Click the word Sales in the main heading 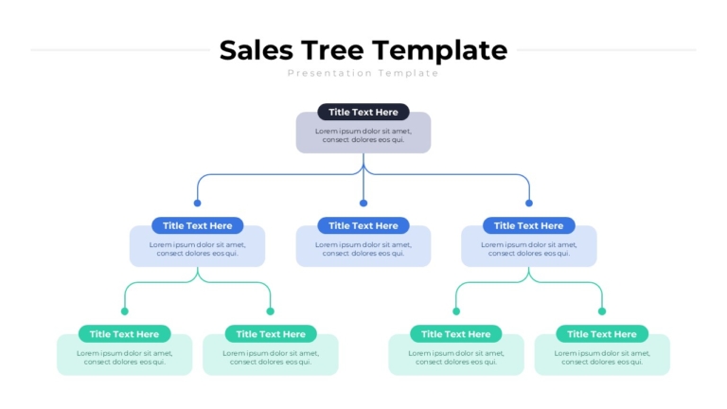tap(256, 50)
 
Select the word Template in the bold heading tap(439, 52)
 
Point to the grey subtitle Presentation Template tap(363, 73)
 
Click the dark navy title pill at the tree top tap(363, 113)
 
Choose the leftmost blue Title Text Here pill tap(198, 226)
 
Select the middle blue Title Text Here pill tap(363, 226)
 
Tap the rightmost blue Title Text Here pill tap(529, 226)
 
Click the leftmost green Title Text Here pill tap(124, 334)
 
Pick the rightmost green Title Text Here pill tap(602, 334)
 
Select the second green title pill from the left tap(271, 334)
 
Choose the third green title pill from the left tap(455, 334)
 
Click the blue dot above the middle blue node tap(363, 204)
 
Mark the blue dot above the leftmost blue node tap(198, 204)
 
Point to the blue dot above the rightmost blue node tap(529, 204)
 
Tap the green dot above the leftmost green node tap(124, 311)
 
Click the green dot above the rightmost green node tap(602, 311)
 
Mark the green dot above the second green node tap(271, 311)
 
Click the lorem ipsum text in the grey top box tap(363, 135)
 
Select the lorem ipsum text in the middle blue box tap(363, 249)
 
